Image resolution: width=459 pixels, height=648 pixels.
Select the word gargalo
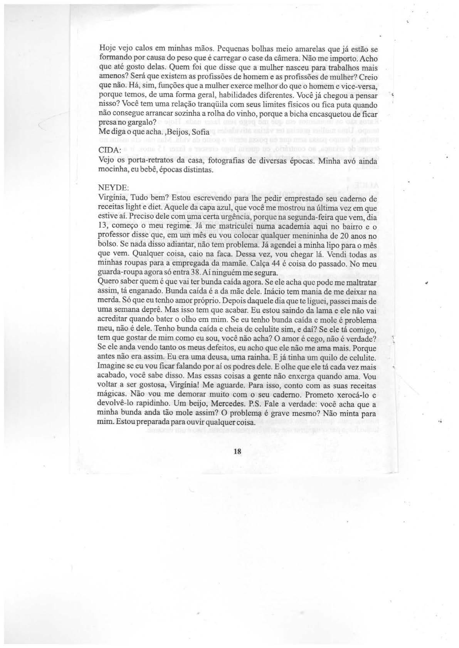coord(140,124)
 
